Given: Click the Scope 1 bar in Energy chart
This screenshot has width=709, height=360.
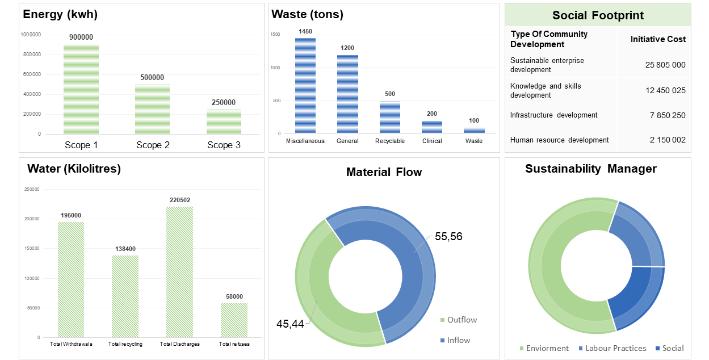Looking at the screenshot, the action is [x=81, y=89].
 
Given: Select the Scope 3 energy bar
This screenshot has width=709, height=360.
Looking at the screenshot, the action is [x=224, y=122].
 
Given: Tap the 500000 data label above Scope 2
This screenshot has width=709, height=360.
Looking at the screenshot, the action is [x=152, y=78].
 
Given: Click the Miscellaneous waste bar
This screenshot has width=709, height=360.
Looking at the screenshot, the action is [x=305, y=86].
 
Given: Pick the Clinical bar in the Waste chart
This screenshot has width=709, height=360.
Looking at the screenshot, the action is [x=432, y=127].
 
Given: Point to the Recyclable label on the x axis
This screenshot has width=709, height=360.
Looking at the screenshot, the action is [x=390, y=141].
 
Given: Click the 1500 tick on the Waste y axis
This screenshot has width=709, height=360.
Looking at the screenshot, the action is [x=275, y=34].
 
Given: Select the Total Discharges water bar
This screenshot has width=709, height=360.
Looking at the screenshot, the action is [x=180, y=272].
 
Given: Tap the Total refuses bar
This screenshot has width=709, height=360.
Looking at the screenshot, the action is [x=234, y=320].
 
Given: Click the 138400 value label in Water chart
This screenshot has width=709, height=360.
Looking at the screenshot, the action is [x=125, y=249].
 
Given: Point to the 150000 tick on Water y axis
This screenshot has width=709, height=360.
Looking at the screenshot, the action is [x=32, y=248].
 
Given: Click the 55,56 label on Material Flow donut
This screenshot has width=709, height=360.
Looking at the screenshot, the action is [x=448, y=237].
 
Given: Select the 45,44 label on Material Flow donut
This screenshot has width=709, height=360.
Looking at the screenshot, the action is [x=290, y=324].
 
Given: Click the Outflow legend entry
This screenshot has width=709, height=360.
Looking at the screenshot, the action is [x=459, y=320].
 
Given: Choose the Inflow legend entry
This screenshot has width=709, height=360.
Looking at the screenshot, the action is [x=455, y=340].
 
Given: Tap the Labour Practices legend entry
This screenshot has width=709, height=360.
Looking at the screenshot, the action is [x=612, y=348].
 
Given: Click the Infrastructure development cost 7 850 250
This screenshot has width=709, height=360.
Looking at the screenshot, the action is [x=668, y=115].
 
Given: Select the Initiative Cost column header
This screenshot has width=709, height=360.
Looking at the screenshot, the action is [x=658, y=39].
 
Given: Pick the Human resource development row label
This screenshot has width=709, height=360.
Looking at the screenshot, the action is [x=559, y=140].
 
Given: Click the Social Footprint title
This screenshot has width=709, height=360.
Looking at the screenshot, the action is [x=598, y=15].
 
